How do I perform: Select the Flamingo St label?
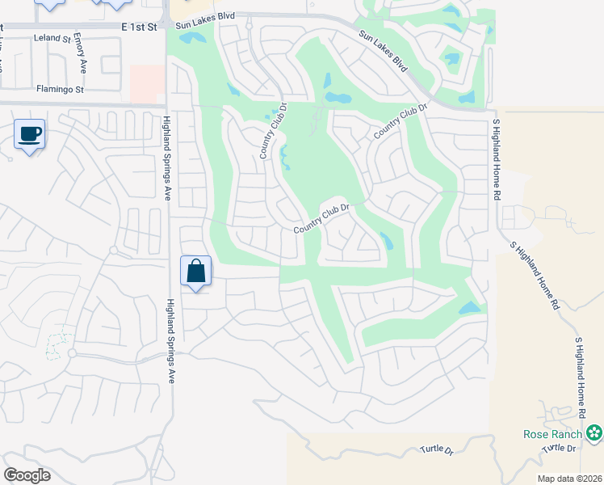click(x=60, y=89)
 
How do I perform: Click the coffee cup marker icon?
click(x=30, y=133)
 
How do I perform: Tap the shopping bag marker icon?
click(x=195, y=270)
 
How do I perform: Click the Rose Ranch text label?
click(x=553, y=434)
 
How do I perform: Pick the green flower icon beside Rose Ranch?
click(x=594, y=433)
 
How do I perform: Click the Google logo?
click(x=27, y=475)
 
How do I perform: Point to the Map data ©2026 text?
click(x=569, y=479)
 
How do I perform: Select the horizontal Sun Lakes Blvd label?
click(x=204, y=26)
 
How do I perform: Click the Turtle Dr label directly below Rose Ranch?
click(x=561, y=448)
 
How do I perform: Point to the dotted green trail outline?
click(x=56, y=346)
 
